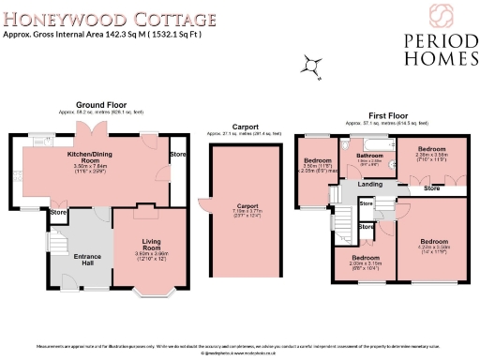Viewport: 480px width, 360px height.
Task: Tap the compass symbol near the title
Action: (308, 65)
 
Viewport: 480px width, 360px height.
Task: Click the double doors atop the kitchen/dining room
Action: (90, 130)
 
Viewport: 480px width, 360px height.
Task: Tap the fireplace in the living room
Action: (143, 207)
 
